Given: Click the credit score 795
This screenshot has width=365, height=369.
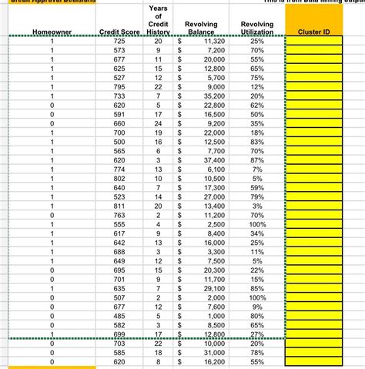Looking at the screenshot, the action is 119,86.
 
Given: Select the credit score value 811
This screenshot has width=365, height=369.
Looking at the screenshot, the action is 119,206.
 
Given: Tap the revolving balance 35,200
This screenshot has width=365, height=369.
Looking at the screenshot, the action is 213,96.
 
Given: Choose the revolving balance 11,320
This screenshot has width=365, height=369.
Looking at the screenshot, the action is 213,39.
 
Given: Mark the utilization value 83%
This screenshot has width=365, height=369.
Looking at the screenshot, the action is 256,142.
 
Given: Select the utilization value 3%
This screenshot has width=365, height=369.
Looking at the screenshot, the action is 256,206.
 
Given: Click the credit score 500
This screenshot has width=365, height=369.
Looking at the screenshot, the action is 119,142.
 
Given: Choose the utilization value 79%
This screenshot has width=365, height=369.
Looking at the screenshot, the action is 256,196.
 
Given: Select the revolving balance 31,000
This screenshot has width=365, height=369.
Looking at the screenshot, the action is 213,352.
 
